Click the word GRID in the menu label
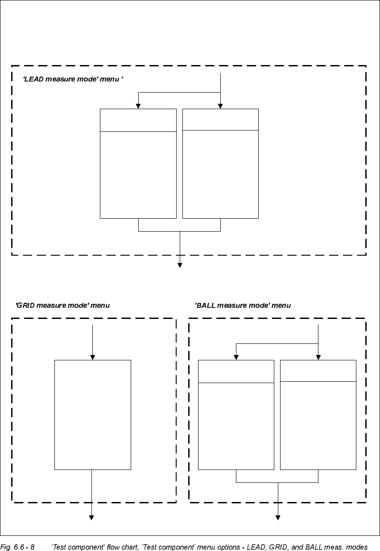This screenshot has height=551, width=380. pos(25,306)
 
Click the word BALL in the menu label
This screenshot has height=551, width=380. pos(206,306)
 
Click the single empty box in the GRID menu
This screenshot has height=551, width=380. pos(92,414)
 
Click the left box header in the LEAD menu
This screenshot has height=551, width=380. pos(138,120)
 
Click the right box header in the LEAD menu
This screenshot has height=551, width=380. pos(220,119)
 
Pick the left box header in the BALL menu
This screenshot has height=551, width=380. pos(236,371)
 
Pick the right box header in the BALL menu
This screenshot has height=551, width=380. pos(318,371)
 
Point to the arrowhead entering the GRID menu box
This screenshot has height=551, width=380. pos(92,357)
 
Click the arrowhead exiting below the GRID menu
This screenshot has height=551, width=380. pos(91,518)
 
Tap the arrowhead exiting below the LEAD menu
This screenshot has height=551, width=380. pos(180,265)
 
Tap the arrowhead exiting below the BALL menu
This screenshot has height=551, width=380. pos(278,518)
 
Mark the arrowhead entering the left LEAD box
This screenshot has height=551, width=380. pos(138,106)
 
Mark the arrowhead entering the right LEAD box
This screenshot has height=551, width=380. pos(220,106)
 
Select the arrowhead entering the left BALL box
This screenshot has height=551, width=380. pos(236,357)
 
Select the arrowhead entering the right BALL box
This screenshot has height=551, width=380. pos(318,357)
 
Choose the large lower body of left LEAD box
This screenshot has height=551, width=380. pos(138,175)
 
